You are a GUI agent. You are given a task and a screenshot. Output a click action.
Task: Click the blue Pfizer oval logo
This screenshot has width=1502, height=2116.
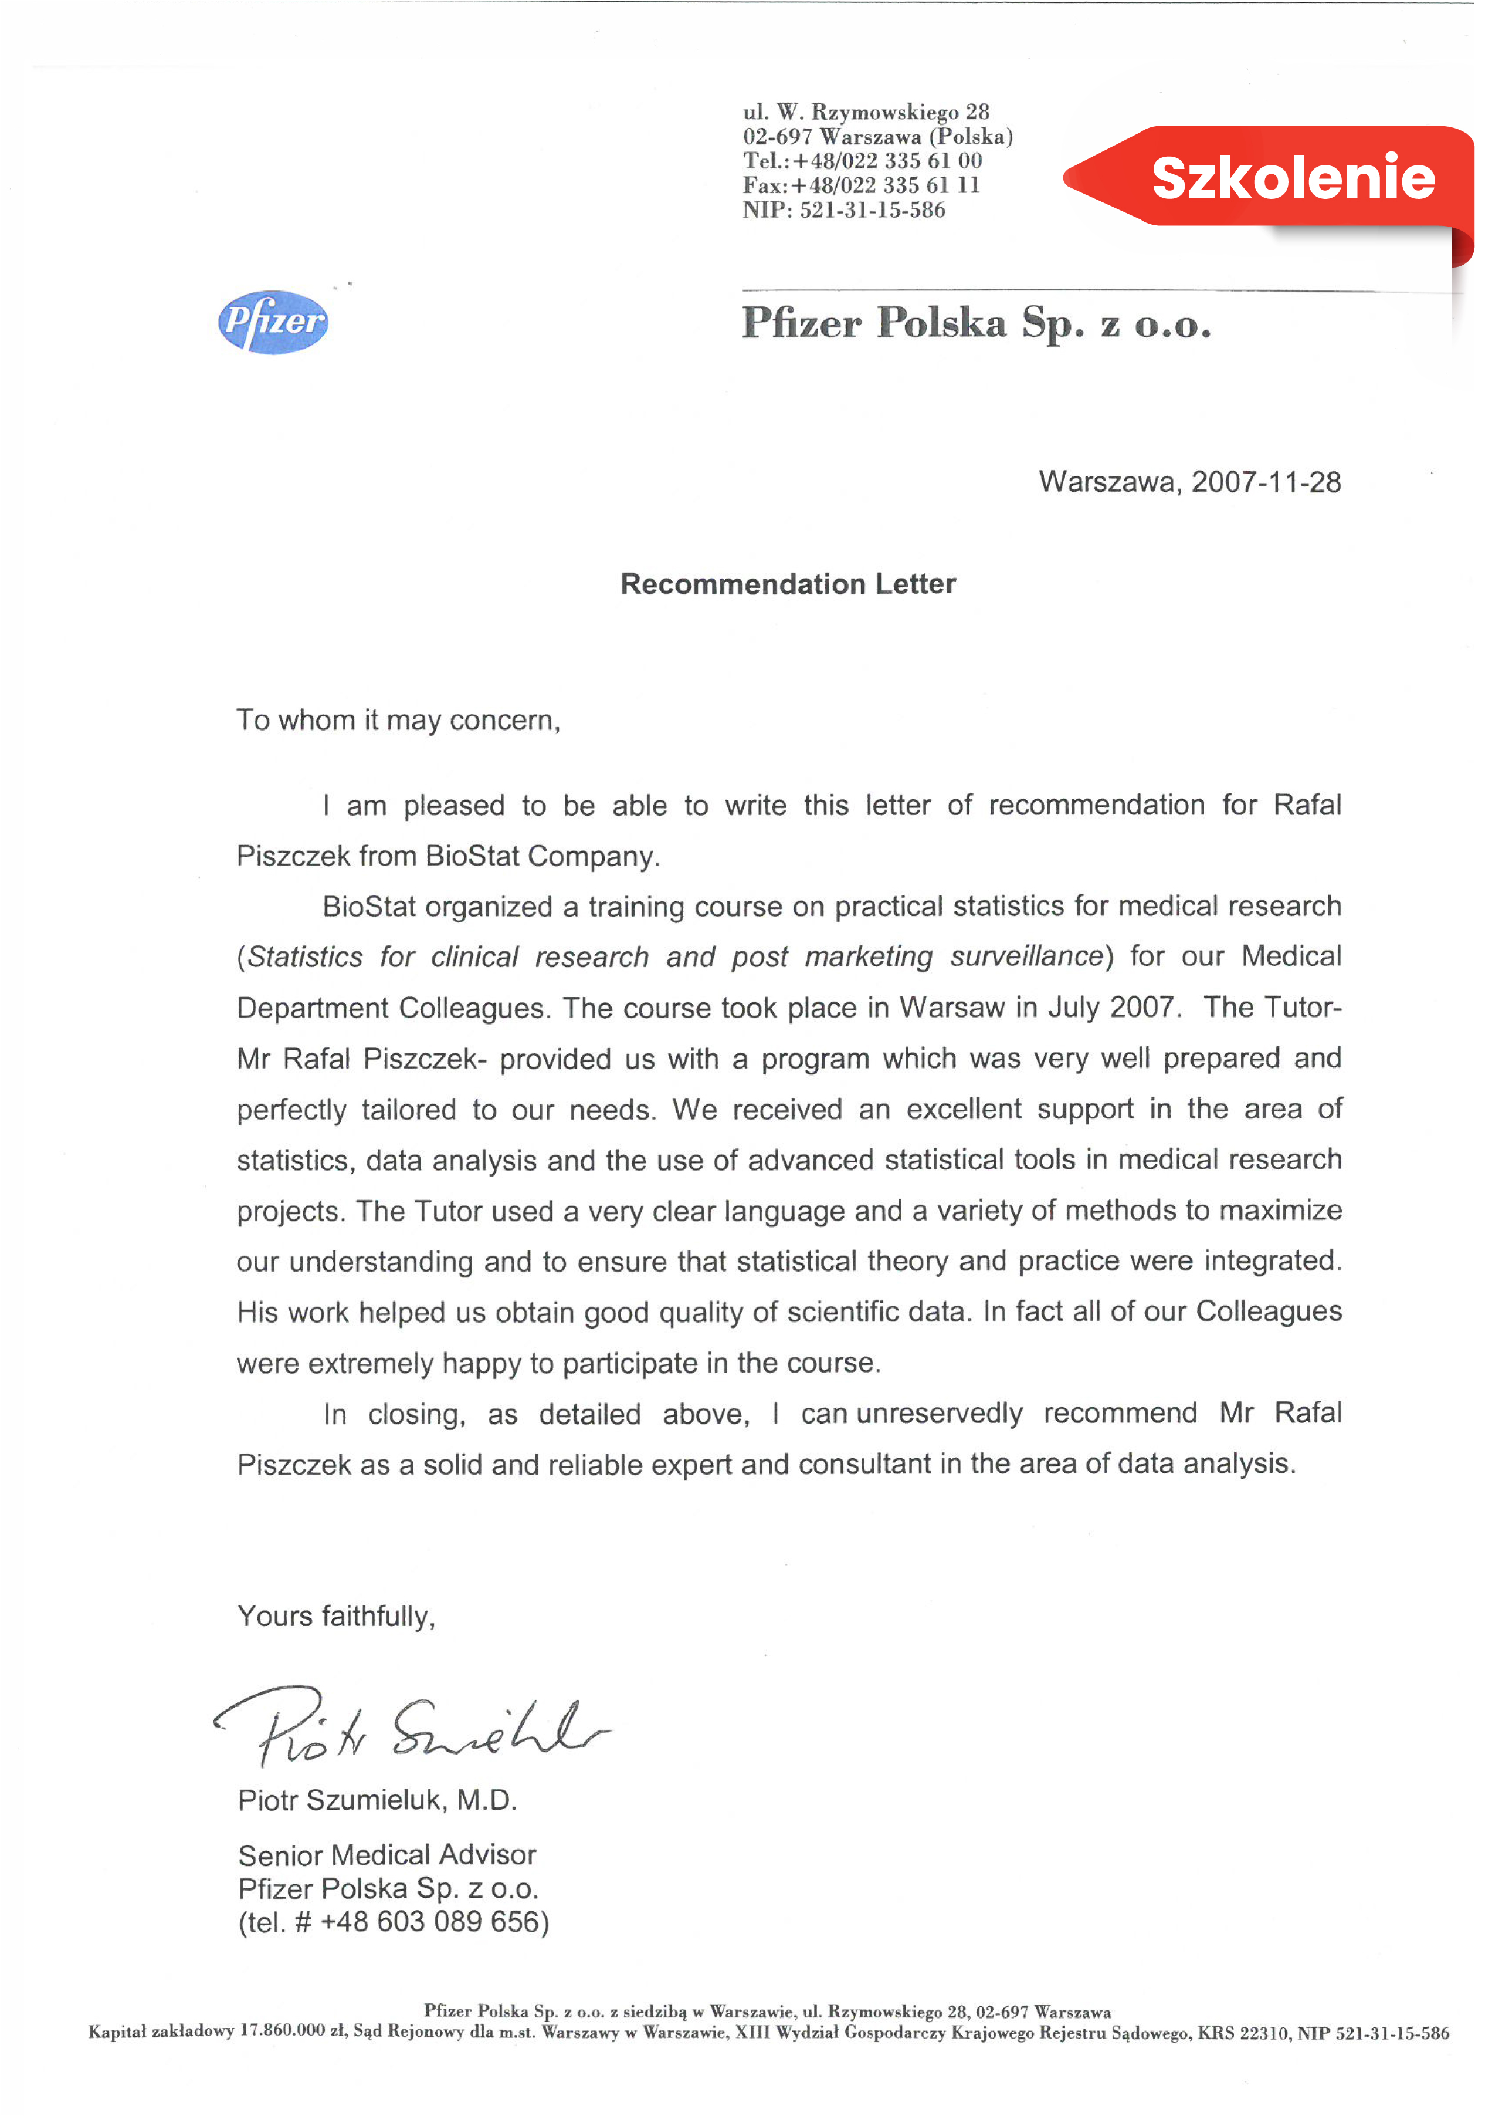(x=273, y=322)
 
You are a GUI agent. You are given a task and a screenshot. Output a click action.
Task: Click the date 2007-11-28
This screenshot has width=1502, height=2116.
(x=1265, y=482)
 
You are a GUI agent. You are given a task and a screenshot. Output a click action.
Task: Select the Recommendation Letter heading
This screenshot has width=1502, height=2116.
(x=788, y=584)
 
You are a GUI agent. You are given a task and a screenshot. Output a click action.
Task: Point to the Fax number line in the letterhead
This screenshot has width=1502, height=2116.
(x=860, y=185)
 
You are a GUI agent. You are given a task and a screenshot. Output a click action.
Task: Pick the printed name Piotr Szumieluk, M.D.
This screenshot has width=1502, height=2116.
(x=377, y=1800)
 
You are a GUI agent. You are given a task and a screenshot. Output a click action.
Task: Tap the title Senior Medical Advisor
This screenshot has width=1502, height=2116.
(x=386, y=1855)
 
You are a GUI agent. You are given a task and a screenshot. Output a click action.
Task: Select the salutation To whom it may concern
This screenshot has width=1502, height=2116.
(x=398, y=720)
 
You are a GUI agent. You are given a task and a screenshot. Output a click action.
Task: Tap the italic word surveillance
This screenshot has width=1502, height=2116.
(x=1026, y=956)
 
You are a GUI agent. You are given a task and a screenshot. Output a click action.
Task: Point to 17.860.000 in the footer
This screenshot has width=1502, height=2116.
(x=282, y=2031)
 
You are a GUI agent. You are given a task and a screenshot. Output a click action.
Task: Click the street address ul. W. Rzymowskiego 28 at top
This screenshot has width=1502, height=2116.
(x=866, y=113)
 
